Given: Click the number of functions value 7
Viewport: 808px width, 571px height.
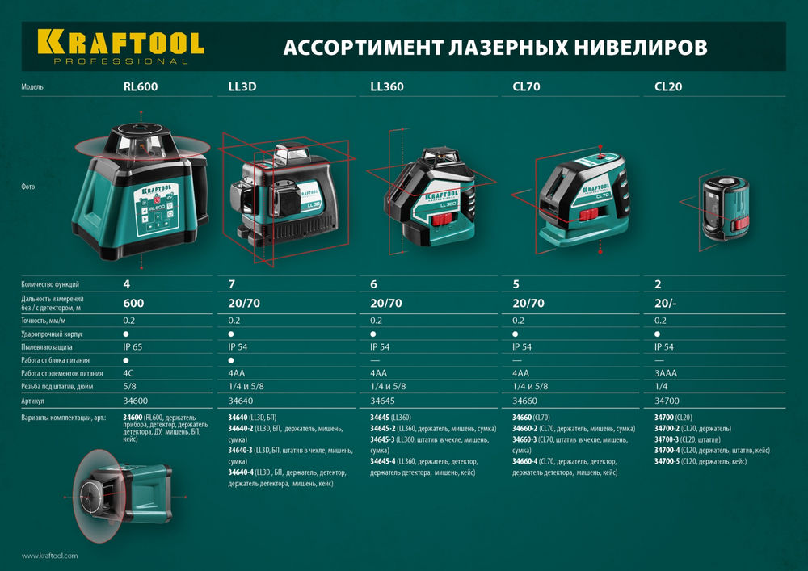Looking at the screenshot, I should click(233, 284).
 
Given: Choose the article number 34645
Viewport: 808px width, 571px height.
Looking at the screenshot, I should click(383, 401).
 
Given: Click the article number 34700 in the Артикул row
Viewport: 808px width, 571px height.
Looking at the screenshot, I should click(666, 401).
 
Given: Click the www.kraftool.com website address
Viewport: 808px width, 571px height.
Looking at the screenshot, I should click(49, 556).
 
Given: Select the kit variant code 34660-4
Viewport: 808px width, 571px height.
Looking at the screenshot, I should click(528, 461).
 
